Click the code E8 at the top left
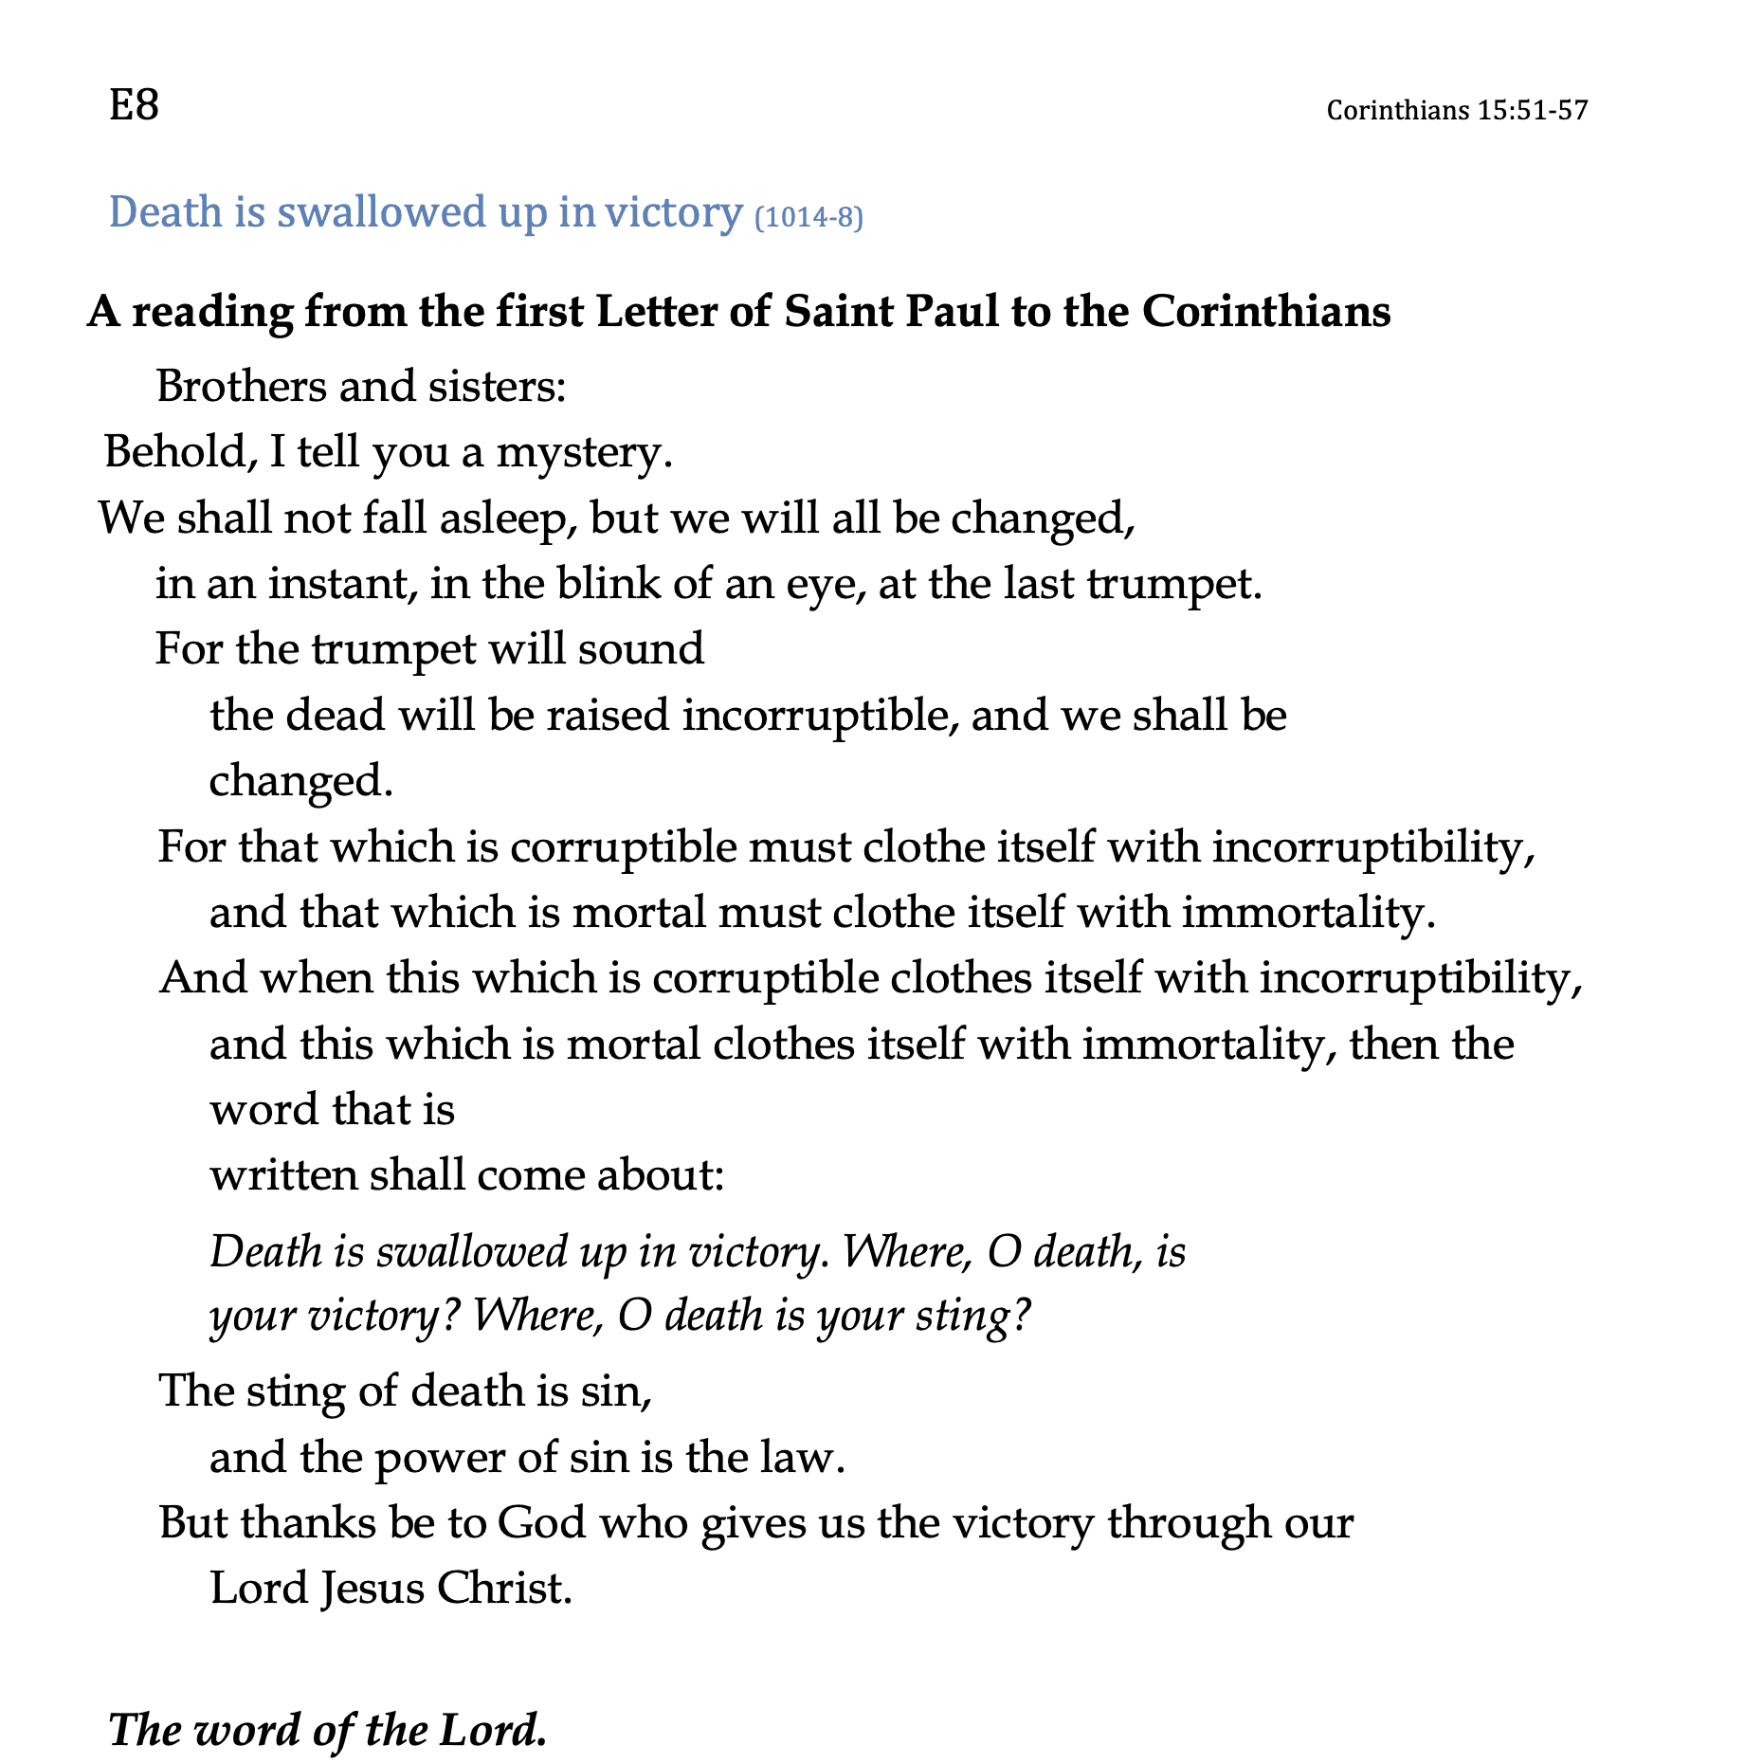(x=134, y=105)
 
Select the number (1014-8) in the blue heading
(x=808, y=218)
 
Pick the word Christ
(x=503, y=1589)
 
